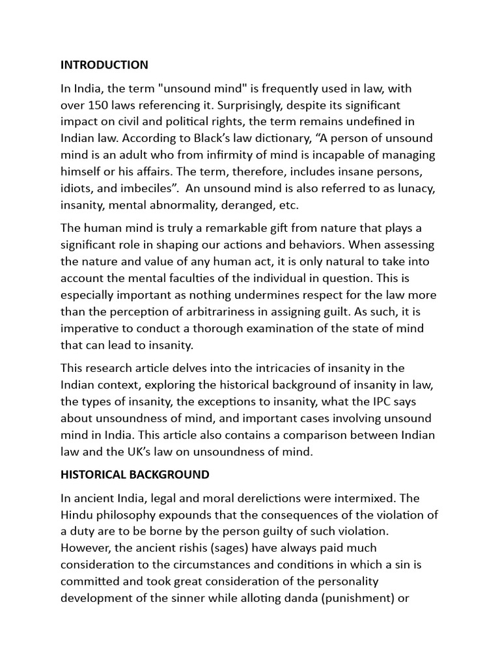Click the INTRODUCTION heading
(x=104, y=64)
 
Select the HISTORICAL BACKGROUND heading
(x=135, y=474)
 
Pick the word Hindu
(x=76, y=515)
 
